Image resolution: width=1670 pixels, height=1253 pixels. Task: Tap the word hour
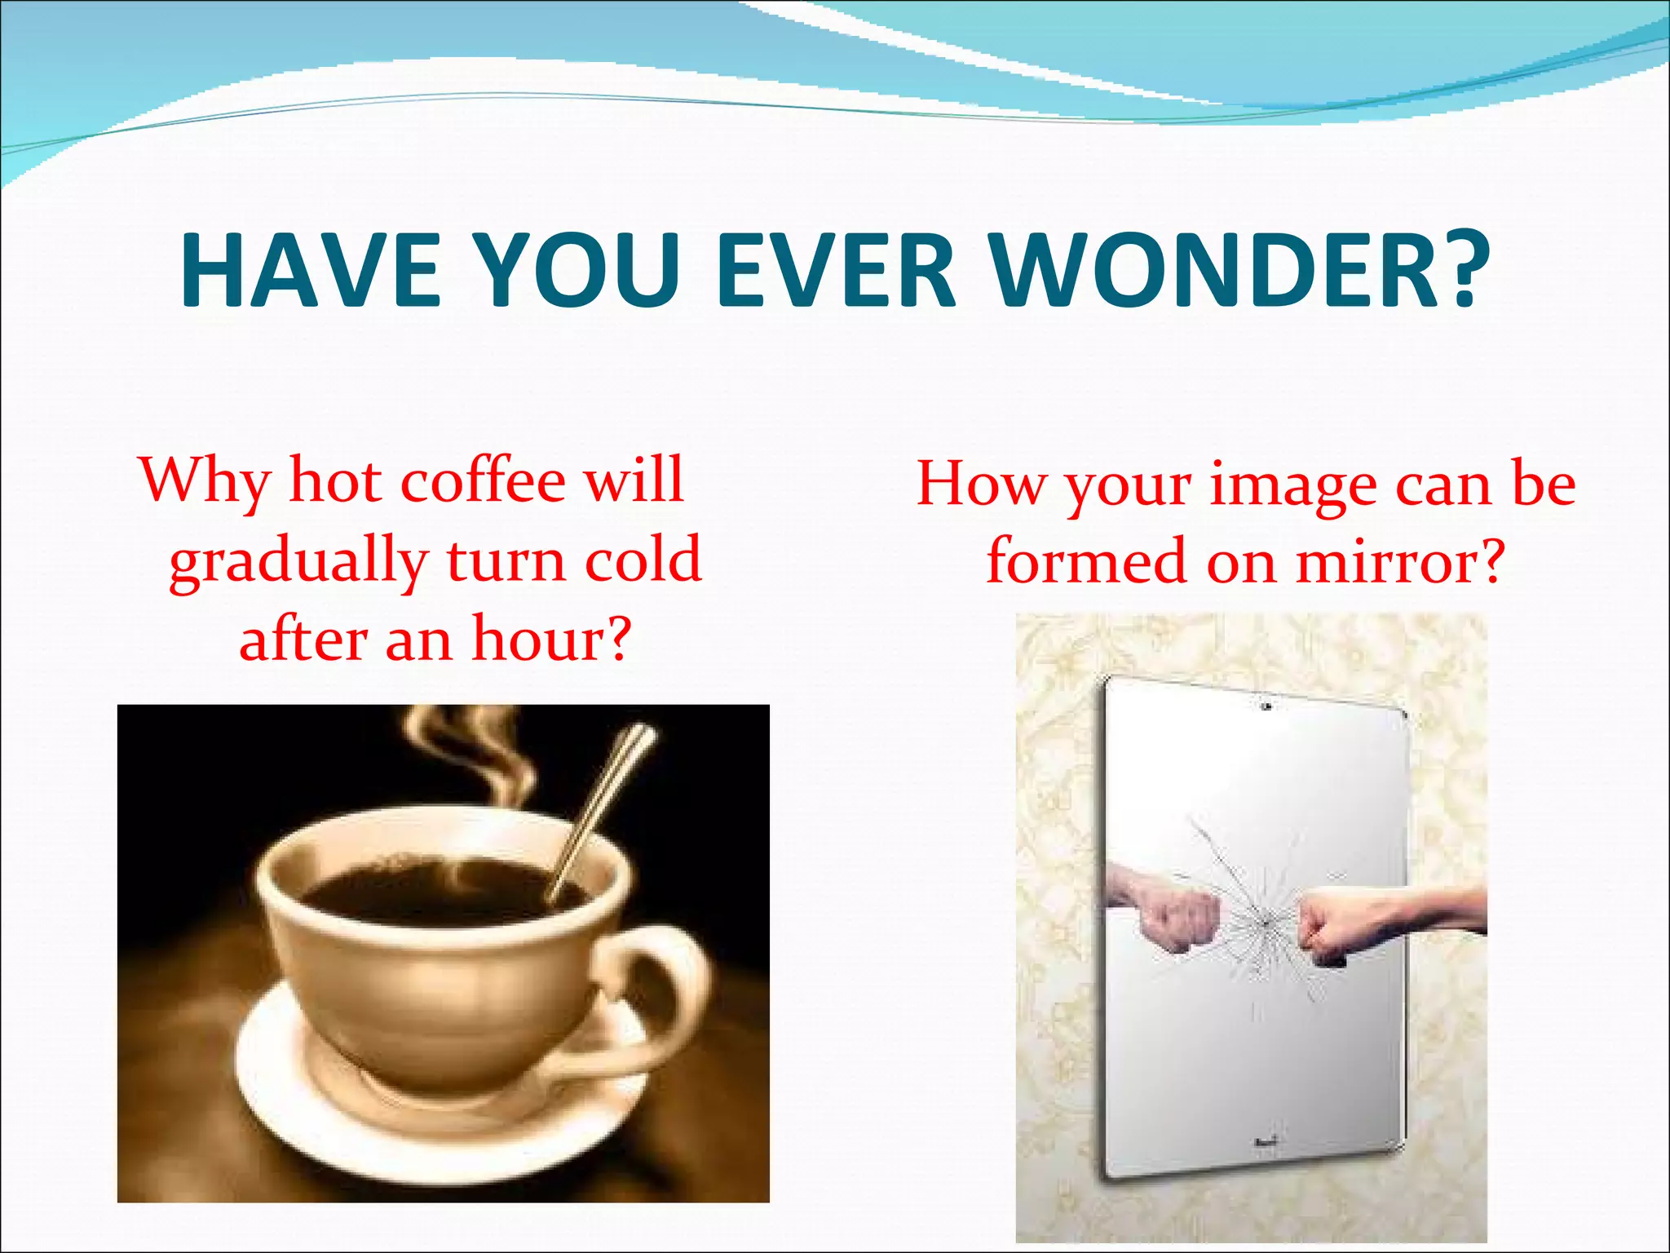(x=551, y=640)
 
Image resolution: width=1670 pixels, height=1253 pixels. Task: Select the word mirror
(x=1398, y=563)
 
